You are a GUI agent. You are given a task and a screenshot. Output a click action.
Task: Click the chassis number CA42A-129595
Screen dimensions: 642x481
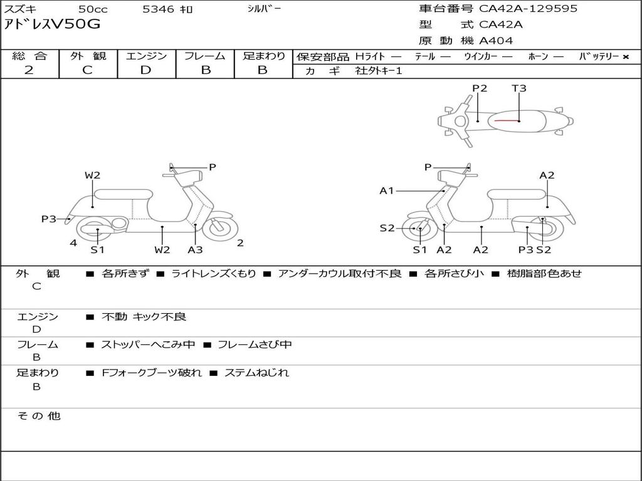point(528,8)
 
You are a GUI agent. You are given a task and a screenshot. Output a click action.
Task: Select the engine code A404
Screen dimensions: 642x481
point(496,41)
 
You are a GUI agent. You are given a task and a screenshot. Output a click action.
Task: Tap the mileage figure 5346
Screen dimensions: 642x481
point(159,9)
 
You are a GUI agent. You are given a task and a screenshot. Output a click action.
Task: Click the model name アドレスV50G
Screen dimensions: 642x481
point(52,24)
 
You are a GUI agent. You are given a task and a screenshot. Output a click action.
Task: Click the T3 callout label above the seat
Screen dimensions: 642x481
point(518,88)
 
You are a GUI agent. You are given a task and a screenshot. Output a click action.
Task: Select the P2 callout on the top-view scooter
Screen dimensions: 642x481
point(480,88)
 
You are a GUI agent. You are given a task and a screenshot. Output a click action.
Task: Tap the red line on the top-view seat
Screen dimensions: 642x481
point(507,121)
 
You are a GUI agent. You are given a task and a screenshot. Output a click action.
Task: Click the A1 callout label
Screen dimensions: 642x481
point(386,190)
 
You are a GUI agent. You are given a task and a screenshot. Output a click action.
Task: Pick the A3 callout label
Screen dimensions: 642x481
point(196,249)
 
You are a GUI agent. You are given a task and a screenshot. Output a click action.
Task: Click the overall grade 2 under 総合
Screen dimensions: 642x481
point(29,70)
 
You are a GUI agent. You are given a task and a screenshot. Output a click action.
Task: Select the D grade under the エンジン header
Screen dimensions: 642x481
point(145,70)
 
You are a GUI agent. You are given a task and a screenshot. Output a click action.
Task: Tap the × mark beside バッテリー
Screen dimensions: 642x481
point(626,57)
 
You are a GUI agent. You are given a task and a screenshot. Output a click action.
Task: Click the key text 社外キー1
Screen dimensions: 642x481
point(379,71)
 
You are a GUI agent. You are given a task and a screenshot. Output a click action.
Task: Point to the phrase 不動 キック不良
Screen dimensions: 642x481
point(144,316)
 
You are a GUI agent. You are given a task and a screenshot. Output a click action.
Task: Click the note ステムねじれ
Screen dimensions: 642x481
point(256,373)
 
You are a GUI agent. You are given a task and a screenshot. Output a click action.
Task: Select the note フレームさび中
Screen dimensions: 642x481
point(255,345)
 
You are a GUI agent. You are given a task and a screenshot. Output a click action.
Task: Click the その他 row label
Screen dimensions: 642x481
point(39,416)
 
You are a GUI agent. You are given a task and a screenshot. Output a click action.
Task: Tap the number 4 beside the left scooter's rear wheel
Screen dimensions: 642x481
point(73,243)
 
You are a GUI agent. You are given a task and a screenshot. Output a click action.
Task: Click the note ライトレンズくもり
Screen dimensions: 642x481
point(214,273)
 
